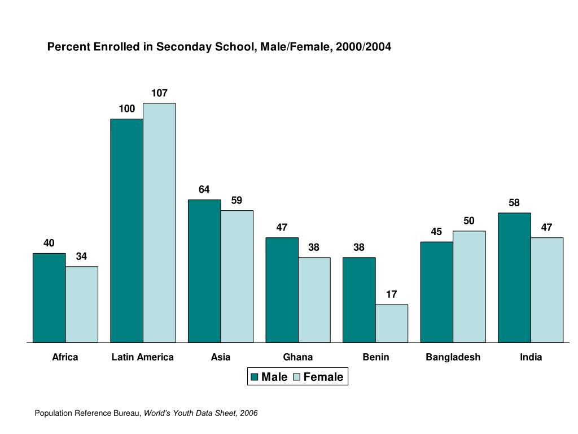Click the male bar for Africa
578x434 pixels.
pyautogui.click(x=49, y=298)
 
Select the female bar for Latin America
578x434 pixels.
pyautogui.click(x=159, y=223)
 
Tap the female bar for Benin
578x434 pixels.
pyautogui.click(x=391, y=323)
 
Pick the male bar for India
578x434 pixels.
pyautogui.click(x=514, y=277)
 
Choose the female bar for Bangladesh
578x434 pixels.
pyautogui.click(x=469, y=287)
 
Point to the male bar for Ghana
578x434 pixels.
pyautogui.click(x=282, y=290)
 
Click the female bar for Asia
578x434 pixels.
pyautogui.click(x=237, y=276)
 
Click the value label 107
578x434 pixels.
pyautogui.click(x=159, y=93)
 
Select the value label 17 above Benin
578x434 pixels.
pyautogui.click(x=391, y=294)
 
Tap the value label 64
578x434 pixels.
pyautogui.click(x=204, y=189)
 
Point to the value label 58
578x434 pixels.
pyautogui.click(x=514, y=203)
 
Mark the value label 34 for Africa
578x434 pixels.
pyautogui.click(x=81, y=257)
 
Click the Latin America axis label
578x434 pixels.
pyautogui.click(x=143, y=357)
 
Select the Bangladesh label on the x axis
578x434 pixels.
pyautogui.click(x=453, y=357)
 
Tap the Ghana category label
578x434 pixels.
pyautogui.click(x=297, y=357)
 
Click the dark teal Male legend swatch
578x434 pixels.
pyautogui.click(x=254, y=377)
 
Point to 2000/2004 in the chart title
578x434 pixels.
pyautogui.click(x=363, y=47)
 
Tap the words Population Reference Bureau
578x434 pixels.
pyautogui.click(x=87, y=414)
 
